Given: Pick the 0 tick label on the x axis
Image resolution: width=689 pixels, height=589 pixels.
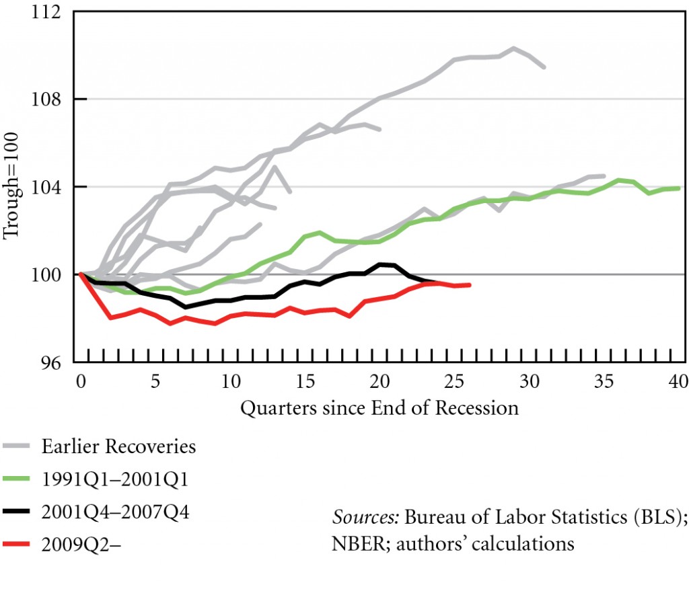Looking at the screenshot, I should pos(81,383).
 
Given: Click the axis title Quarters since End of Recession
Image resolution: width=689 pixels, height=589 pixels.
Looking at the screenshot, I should pos(379,407).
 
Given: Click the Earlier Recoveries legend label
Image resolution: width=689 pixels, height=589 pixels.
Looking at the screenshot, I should pos(118,446).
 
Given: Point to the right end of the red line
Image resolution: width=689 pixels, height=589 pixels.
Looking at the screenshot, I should pos(470,285).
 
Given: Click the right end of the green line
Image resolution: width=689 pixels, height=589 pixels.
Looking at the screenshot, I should pos(679,188).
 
